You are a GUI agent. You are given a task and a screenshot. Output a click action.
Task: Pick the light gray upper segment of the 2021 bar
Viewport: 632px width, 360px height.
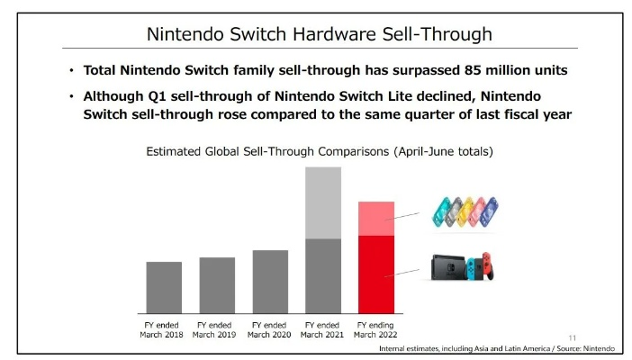click(323, 202)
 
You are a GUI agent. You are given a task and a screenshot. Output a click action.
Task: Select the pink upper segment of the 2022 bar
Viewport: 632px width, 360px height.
click(376, 219)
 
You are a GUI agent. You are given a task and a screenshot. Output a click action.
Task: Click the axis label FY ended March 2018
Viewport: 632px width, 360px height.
click(163, 329)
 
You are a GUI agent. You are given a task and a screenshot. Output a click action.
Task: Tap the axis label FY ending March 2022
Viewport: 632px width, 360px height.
click(376, 329)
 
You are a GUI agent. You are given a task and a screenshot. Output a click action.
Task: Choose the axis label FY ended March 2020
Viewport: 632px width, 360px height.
click(270, 329)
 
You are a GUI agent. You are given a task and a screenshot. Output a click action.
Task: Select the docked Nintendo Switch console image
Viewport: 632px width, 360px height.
click(459, 266)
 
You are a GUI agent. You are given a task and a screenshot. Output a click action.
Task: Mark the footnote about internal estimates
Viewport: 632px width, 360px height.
click(497, 348)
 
